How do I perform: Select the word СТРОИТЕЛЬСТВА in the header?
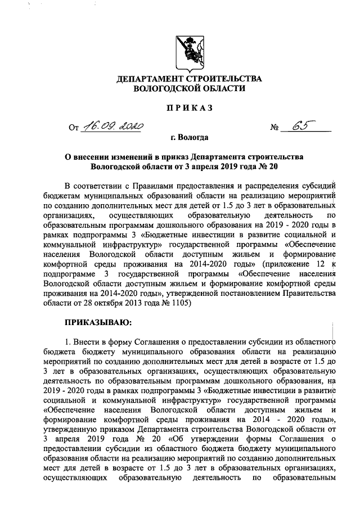click(x=226, y=78)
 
